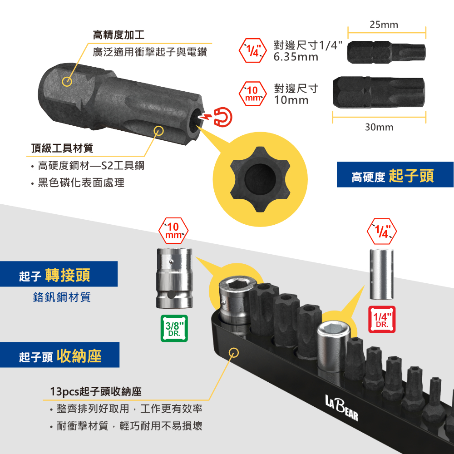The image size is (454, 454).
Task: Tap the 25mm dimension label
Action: [x=384, y=25]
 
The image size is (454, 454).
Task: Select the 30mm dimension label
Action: [x=379, y=127]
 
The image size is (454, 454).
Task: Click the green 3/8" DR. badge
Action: [x=174, y=328]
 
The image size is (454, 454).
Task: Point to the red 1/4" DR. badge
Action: [x=382, y=319]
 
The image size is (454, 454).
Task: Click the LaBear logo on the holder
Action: [x=342, y=407]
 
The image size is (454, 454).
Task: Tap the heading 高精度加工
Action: [x=118, y=35]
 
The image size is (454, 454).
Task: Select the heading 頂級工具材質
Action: [x=62, y=148]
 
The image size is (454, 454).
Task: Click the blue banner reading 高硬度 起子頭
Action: [x=395, y=175]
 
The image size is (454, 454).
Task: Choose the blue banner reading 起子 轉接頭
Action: [x=59, y=274]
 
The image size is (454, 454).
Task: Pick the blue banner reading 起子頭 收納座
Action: [x=59, y=355]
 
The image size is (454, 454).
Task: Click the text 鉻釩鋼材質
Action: [x=62, y=297]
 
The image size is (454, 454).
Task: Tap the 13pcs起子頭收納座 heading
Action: [x=96, y=391]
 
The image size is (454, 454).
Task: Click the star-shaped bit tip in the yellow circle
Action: [x=260, y=179]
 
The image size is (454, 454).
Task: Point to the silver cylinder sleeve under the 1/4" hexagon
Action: [x=382, y=274]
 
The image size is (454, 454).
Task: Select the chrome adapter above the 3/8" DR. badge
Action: [x=174, y=278]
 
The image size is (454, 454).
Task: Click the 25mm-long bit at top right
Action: [x=386, y=52]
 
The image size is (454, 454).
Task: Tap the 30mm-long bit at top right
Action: [x=379, y=92]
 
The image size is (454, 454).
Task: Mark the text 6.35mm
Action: [x=296, y=57]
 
